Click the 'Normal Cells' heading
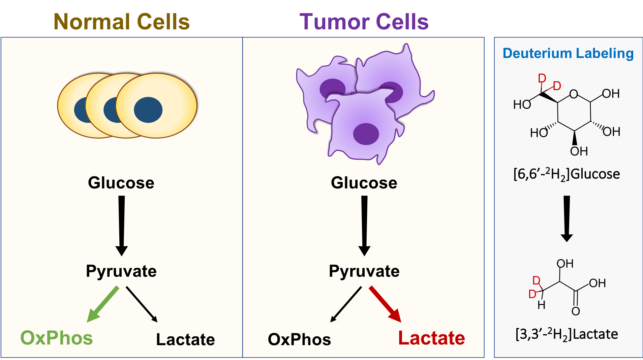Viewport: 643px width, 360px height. click(121, 22)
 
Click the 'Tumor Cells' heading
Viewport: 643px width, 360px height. click(364, 22)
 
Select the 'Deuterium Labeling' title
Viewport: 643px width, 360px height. click(568, 53)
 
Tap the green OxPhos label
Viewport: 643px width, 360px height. click(57, 338)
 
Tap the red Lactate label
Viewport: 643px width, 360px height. click(431, 338)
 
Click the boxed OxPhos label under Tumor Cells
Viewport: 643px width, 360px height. click(299, 339)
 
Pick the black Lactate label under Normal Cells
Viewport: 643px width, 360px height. click(185, 339)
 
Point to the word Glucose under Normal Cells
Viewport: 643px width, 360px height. click(121, 183)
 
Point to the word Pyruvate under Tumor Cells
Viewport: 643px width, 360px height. click(364, 271)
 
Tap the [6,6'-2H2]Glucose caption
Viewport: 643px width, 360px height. click(567, 174)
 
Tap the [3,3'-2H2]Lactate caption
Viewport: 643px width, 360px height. click(567, 334)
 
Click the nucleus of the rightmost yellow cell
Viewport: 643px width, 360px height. click(148, 110)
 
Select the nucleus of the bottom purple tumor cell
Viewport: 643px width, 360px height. click(366, 134)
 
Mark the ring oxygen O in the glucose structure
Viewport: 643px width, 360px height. click(574, 94)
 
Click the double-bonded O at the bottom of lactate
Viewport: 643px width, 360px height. click(576, 311)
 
